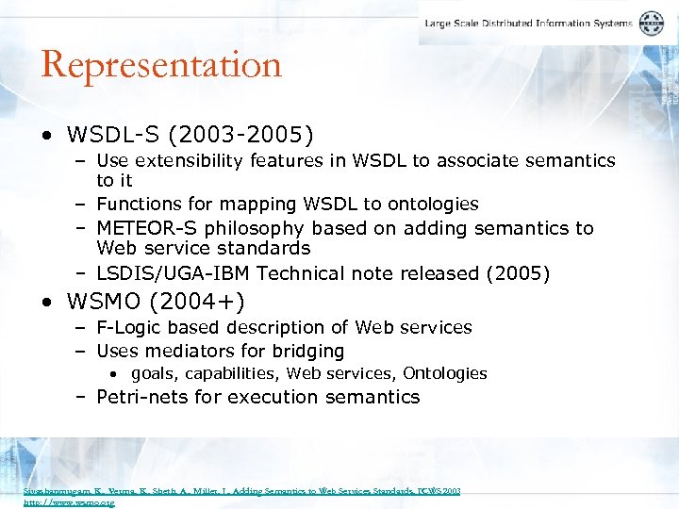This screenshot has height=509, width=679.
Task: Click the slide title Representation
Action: (x=161, y=65)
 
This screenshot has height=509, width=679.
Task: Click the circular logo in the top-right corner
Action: (x=652, y=24)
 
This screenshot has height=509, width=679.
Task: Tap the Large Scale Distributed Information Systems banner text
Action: (x=528, y=24)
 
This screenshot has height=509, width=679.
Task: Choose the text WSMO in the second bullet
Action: (x=99, y=302)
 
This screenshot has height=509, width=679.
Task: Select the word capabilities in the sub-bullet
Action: (x=230, y=373)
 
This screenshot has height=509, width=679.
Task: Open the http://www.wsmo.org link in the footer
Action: (x=69, y=503)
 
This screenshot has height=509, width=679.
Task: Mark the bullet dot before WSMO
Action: (x=47, y=303)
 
